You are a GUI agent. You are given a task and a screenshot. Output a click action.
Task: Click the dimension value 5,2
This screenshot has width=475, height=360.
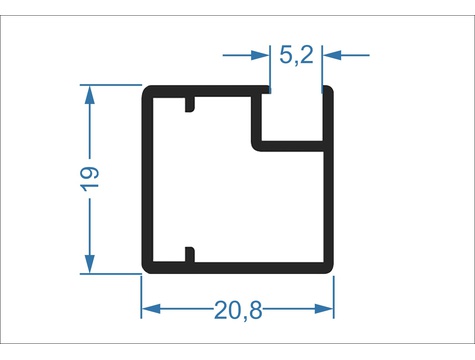click(x=296, y=55)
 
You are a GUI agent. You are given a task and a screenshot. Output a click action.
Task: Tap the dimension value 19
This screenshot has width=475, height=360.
click(x=90, y=179)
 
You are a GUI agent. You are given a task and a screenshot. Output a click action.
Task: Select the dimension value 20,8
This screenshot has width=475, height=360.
click(x=238, y=310)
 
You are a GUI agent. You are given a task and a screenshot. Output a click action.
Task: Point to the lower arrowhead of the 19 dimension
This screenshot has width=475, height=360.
click(x=90, y=264)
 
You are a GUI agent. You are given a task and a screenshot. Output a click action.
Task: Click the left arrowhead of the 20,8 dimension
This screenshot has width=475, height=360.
click(x=151, y=309)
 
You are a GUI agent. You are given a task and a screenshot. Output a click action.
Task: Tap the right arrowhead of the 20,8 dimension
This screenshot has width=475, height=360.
click(x=324, y=309)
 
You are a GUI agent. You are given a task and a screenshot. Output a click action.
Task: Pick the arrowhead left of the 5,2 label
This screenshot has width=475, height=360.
click(x=260, y=55)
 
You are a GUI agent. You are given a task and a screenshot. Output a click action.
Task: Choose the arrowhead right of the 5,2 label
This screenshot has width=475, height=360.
click(x=332, y=55)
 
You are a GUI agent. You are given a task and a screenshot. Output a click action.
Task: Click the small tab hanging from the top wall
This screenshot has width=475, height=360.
click(x=189, y=104)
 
